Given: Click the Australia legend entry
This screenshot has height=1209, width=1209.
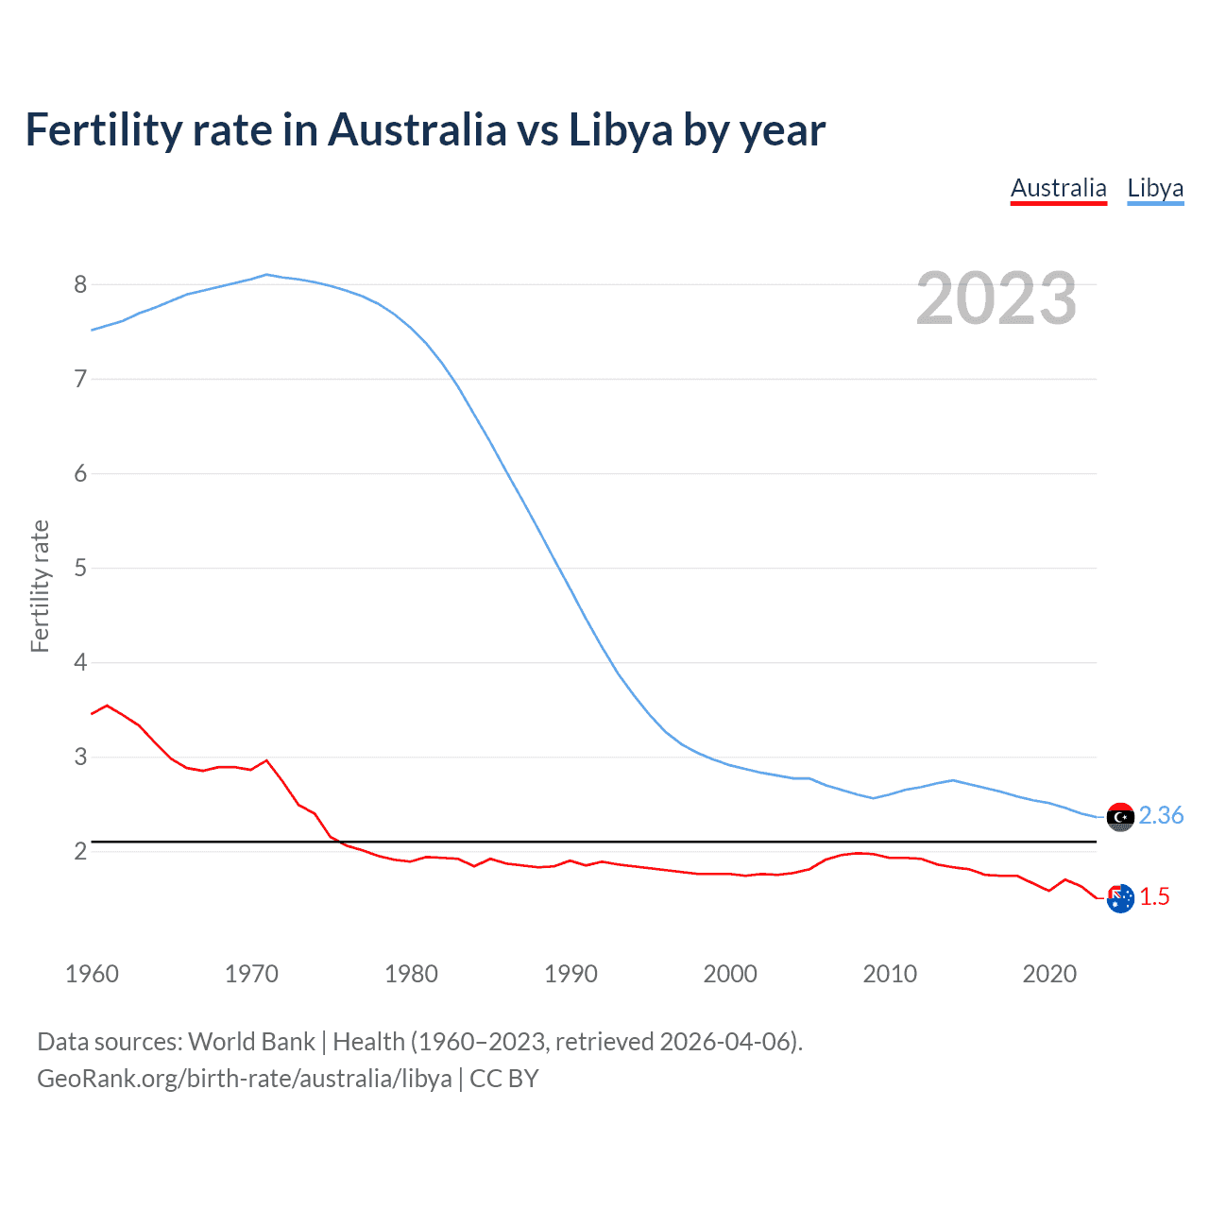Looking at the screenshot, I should (x=1058, y=188).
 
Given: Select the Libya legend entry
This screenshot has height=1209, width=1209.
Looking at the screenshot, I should (x=1155, y=188).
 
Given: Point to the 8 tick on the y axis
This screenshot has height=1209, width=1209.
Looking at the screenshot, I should (x=80, y=284).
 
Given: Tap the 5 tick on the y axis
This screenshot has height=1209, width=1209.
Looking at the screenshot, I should (x=80, y=568).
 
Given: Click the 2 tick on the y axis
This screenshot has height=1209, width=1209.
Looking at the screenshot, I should (x=80, y=851).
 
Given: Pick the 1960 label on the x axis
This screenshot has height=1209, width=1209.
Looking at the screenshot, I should (x=92, y=974).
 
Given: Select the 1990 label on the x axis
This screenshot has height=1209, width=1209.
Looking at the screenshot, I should (x=570, y=974).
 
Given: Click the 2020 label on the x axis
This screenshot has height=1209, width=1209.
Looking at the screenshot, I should (x=1049, y=974).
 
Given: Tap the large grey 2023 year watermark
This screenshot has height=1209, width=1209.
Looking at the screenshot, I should (x=996, y=298).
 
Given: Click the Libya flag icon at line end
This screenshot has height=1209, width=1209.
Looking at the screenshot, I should (x=1120, y=817).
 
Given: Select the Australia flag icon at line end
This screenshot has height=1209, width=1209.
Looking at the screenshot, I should (x=1120, y=898).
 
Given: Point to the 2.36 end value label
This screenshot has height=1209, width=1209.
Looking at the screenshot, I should (x=1161, y=815).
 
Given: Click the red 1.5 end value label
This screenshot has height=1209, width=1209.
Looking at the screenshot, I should (x=1154, y=896).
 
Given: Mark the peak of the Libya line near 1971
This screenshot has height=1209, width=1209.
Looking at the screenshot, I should (x=266, y=275).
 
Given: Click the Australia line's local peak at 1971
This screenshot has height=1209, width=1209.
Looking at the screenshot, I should (x=266, y=760).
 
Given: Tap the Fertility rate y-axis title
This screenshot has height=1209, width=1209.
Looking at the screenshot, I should (x=40, y=586).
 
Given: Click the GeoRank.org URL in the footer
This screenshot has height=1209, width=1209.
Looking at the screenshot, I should (x=244, y=1078).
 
